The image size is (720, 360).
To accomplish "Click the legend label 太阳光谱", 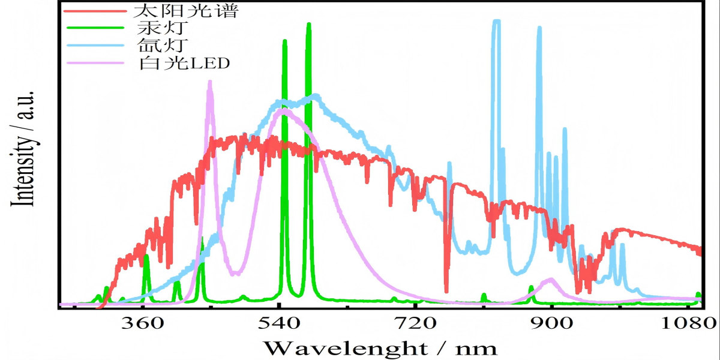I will (170, 11).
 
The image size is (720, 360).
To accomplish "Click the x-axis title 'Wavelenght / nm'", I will (380, 347).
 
